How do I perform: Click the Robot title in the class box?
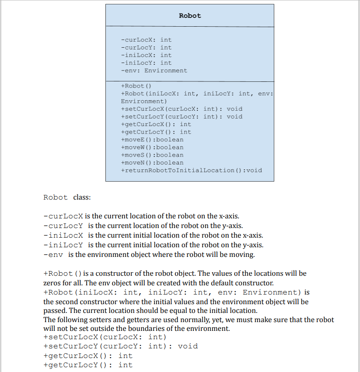(x=190, y=16)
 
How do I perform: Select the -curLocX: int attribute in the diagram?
(x=146, y=40)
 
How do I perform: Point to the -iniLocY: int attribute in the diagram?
(x=146, y=63)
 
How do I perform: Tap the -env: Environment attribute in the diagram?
(x=154, y=70)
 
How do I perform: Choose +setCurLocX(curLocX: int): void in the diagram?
(x=181, y=109)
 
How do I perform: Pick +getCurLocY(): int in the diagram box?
(x=156, y=132)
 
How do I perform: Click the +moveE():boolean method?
(x=152, y=140)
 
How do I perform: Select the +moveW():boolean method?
(x=152, y=147)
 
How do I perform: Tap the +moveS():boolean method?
(x=152, y=155)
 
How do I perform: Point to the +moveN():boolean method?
(x=152, y=162)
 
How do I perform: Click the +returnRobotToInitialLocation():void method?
(x=191, y=170)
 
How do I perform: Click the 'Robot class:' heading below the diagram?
(x=67, y=197)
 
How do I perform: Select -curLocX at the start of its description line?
(x=63, y=216)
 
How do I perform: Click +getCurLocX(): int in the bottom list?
(x=88, y=355)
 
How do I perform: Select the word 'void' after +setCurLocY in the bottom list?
(x=188, y=346)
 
